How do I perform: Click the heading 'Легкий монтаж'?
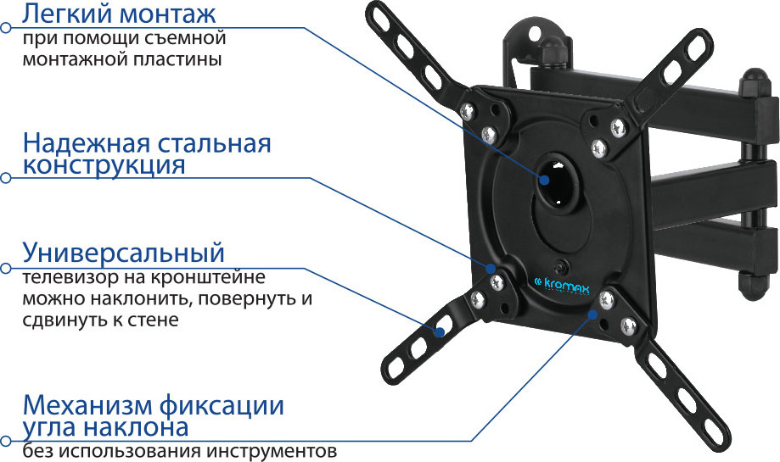pos(119,14)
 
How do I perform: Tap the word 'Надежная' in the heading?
pos(86,143)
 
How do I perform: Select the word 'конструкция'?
pos(104,165)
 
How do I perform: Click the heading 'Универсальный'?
pos(123,253)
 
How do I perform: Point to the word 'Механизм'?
pos(87,405)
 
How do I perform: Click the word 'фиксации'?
pos(222,406)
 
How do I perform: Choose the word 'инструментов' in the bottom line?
pos(272,452)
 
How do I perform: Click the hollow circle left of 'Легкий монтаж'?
pos(5,28)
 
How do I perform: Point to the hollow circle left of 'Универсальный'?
pos(5,268)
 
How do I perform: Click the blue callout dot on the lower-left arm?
pos(440,331)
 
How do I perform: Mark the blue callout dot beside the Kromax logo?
pos(592,314)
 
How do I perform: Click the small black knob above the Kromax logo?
pos(562,266)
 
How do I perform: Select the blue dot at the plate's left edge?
pos(491,268)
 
